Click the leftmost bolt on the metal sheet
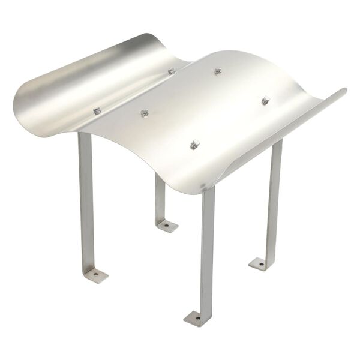point(97,111)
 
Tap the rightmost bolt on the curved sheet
point(266,100)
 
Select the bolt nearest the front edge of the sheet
point(194,145)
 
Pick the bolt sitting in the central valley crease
point(172,72)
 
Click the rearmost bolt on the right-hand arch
point(218,71)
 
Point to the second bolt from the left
point(144,113)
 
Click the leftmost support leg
point(86,198)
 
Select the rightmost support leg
point(275,198)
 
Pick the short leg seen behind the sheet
point(160,198)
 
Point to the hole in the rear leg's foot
point(167,226)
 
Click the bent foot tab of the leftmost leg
point(96,275)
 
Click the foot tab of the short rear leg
point(167,226)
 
